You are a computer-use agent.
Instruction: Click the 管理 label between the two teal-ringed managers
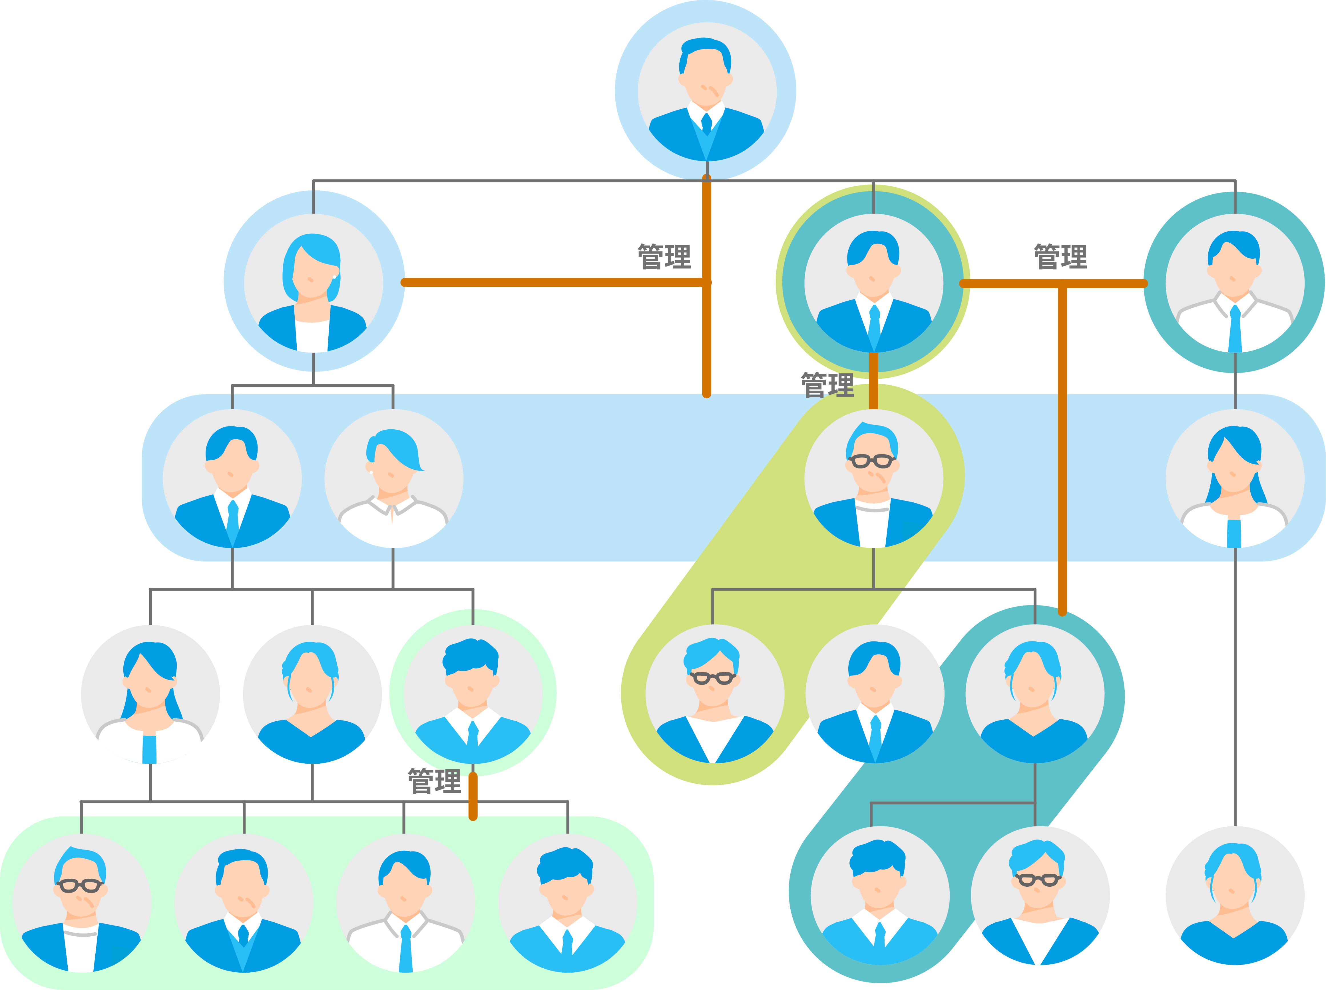click(x=1060, y=256)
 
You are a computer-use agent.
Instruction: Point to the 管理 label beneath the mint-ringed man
click(x=435, y=781)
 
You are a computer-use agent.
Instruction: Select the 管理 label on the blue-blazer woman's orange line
click(x=664, y=256)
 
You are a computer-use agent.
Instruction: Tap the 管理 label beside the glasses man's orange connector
click(x=828, y=385)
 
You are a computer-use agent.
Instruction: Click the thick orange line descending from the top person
click(x=707, y=286)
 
